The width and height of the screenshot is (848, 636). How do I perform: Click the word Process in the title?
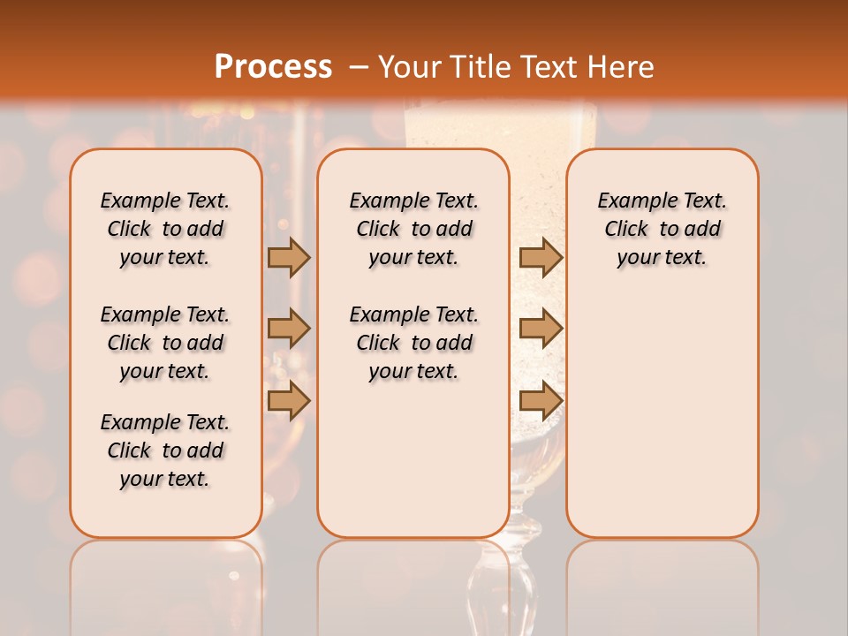tap(273, 66)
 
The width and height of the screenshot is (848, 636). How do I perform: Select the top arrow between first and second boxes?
tap(288, 257)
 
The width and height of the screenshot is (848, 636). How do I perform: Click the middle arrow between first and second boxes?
tap(288, 329)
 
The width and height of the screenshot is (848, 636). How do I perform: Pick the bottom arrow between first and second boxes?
tap(288, 400)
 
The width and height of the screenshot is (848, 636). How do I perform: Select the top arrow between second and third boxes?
tap(541, 257)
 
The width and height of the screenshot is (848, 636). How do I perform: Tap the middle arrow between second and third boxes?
tap(541, 329)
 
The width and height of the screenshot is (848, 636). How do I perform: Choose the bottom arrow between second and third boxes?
tap(541, 400)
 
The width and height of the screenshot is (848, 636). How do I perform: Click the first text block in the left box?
tap(165, 229)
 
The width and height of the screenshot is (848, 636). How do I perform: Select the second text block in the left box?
tap(165, 343)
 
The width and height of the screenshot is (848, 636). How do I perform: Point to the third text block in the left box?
tap(165, 450)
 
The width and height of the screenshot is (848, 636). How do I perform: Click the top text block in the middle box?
tap(413, 229)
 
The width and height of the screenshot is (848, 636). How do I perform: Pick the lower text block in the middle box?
tap(413, 343)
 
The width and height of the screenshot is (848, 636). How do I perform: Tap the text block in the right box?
tap(662, 229)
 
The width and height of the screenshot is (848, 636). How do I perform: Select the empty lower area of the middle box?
tap(413, 459)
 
